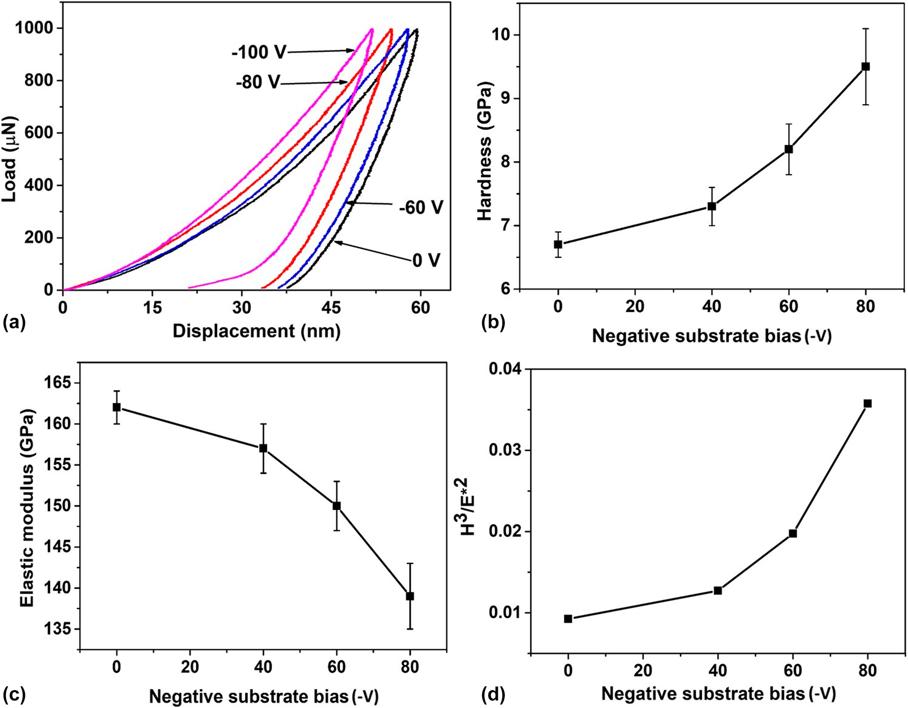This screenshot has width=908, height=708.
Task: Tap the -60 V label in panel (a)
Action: (421, 207)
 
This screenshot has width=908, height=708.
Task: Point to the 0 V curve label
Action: (426, 260)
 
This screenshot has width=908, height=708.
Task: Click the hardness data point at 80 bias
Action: (865, 67)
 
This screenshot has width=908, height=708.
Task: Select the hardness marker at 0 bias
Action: (558, 244)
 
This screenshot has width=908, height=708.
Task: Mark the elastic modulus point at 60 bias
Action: (336, 506)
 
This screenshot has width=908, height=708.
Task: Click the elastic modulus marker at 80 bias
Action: (410, 596)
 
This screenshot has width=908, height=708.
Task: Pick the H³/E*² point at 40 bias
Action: (718, 591)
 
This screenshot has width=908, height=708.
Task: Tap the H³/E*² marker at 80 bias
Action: (868, 404)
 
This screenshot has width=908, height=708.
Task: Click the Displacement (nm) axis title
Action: (256, 331)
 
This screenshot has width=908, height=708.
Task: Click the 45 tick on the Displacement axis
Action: (331, 308)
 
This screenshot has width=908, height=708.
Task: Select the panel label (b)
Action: (493, 324)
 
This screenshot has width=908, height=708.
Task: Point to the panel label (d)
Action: (493, 694)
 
